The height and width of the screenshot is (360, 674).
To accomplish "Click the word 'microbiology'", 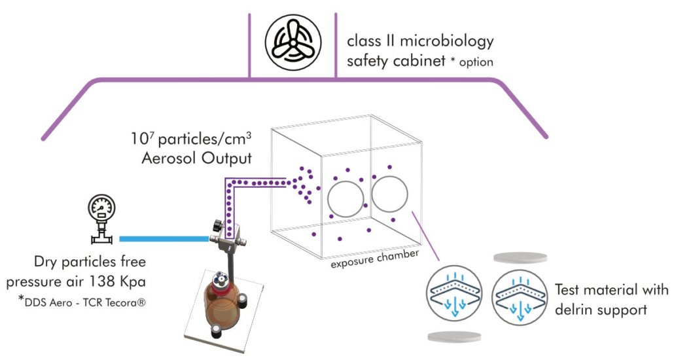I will click(444, 42).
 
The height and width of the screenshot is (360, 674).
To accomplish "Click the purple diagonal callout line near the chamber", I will click(422, 230).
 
